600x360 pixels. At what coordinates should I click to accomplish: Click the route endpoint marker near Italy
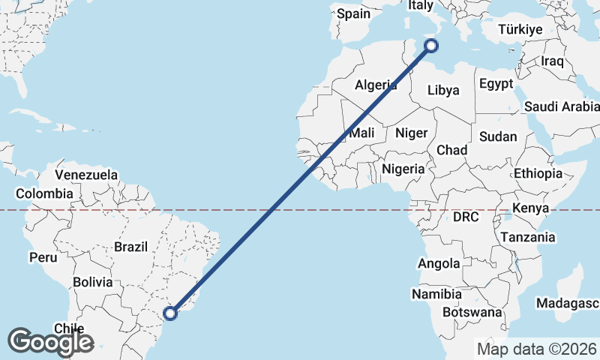431,46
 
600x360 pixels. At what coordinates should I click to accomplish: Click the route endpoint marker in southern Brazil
171,313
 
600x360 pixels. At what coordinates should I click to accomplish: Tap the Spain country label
352,13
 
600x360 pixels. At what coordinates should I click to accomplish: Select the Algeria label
376,85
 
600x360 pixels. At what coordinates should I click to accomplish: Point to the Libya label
443,90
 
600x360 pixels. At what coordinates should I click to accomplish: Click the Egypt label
496,83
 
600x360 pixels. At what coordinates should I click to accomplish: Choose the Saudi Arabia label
561,106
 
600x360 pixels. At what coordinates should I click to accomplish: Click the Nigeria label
403,169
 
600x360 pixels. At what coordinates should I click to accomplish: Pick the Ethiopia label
538,173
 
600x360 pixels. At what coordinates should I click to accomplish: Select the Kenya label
531,208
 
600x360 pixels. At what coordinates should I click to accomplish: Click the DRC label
465,217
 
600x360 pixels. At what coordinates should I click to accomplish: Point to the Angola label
439,263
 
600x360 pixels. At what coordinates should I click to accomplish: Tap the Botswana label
472,311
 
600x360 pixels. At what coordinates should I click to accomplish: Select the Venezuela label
87,175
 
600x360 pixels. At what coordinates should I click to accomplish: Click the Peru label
43,257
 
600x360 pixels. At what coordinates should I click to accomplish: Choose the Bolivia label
93,283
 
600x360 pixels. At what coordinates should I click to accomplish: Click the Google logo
50,342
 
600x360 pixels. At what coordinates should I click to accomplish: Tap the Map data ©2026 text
536,349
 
